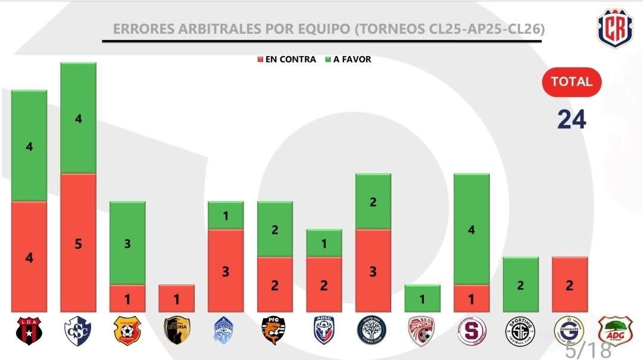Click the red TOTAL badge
point(572,82)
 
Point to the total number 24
point(572,119)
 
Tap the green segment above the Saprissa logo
point(472,229)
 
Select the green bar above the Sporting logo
point(520,284)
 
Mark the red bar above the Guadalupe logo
point(570,284)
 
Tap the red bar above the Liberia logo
point(176,298)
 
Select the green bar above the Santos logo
point(422,298)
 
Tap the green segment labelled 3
point(127,243)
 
